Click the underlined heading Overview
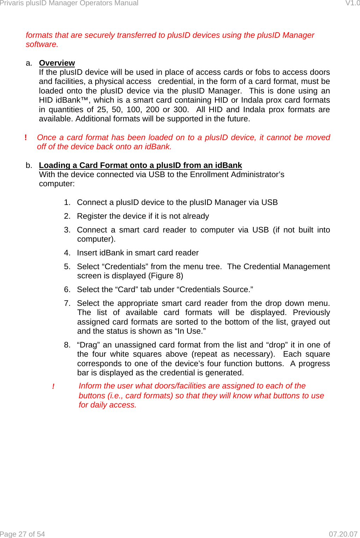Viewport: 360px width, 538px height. [x=57, y=63]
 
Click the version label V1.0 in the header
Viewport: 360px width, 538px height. [x=352, y=3]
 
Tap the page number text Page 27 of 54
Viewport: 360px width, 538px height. [x=23, y=534]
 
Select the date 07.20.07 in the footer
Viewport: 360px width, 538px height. [x=343, y=534]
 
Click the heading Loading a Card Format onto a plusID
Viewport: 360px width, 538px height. [x=140, y=165]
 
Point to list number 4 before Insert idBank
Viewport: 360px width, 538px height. [x=67, y=253]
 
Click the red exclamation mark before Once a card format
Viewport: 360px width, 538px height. [x=26, y=138]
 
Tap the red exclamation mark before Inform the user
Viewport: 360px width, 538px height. [x=53, y=387]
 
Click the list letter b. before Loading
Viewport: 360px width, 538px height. [x=29, y=165]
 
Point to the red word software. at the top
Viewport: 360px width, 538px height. [x=42, y=44]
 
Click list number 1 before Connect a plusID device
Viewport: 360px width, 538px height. [x=67, y=202]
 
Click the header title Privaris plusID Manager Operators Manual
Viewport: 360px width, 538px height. [x=69, y=3]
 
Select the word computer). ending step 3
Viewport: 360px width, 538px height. [x=96, y=239]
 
